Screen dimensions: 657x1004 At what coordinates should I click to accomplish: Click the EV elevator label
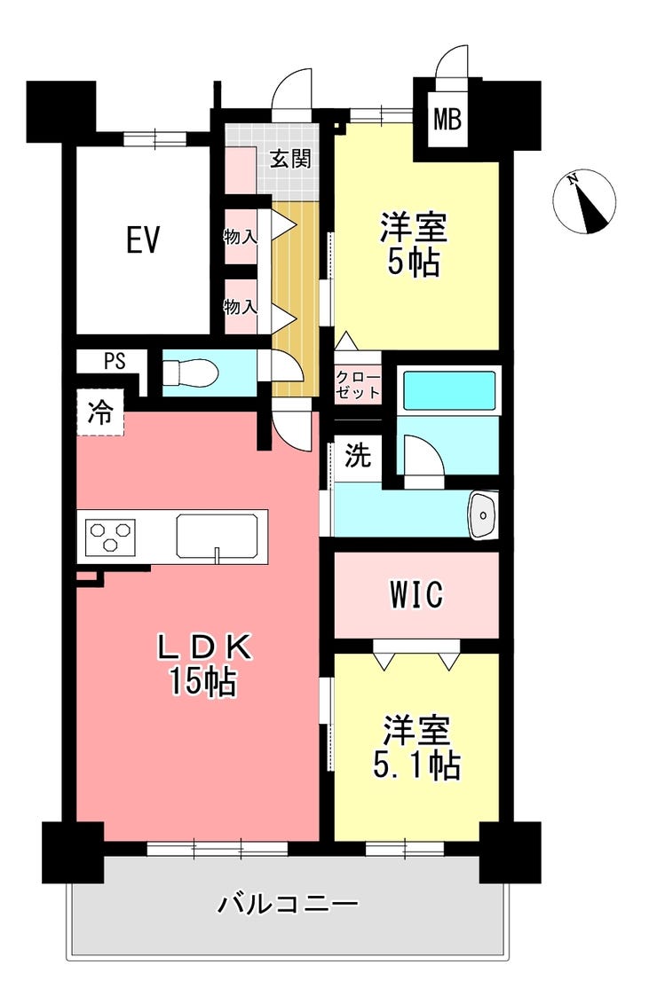click(142, 240)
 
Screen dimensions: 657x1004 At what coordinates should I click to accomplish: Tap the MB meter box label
click(447, 119)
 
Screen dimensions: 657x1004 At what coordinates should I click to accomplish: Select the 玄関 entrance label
click(290, 158)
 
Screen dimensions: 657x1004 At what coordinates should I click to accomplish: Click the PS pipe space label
click(115, 361)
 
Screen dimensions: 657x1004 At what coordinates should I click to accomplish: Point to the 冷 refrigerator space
click(100, 413)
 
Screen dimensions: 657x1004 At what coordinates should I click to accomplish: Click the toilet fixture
click(190, 373)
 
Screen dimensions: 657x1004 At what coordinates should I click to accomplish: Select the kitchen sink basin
click(218, 537)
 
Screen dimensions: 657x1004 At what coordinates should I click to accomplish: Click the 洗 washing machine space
click(358, 455)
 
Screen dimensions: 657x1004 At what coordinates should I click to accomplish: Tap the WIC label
click(416, 594)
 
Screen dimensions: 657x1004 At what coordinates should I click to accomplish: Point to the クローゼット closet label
click(359, 384)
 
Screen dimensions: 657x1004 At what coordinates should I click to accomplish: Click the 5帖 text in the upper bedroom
click(414, 262)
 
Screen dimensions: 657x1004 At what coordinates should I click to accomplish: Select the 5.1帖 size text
click(416, 765)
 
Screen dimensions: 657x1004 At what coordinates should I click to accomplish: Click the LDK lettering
click(204, 648)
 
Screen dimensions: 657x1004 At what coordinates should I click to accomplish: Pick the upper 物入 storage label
click(241, 237)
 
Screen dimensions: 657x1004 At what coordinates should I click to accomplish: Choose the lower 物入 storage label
click(241, 308)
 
